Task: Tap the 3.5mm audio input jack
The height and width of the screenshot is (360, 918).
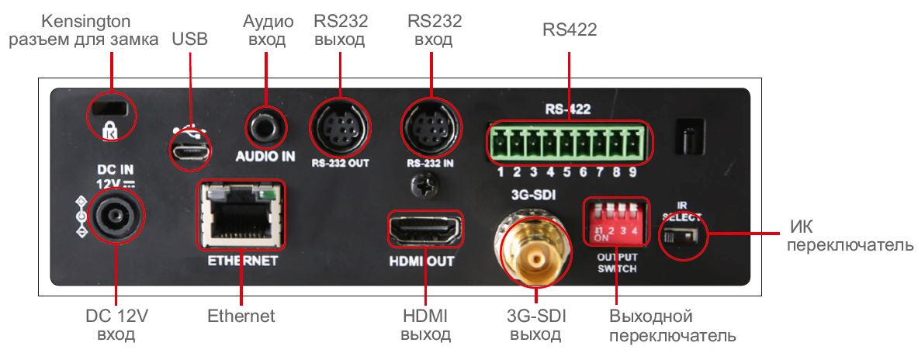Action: tap(266, 123)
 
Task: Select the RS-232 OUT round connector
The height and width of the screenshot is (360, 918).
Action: tap(340, 128)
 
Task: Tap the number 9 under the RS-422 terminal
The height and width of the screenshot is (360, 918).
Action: tap(632, 171)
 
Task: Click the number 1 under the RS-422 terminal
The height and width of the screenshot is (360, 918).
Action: tap(502, 171)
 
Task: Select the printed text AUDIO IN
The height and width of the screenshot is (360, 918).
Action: tap(265, 156)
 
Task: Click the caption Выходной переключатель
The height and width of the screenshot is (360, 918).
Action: tap(672, 327)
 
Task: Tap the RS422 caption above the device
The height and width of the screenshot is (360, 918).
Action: tap(569, 29)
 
